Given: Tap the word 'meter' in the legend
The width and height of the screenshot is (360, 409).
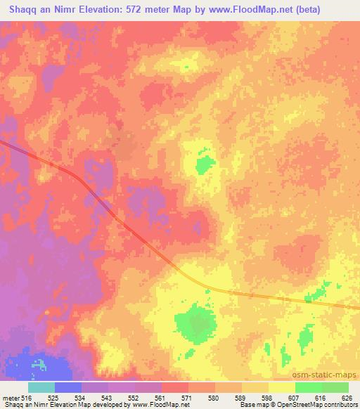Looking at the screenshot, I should tap(9, 397).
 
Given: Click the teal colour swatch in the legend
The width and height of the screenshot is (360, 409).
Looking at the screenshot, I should tap(41, 387).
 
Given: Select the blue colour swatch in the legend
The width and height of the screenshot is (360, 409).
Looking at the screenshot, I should tap(67, 387).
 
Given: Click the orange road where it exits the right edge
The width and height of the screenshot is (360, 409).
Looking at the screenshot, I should tap(356, 306).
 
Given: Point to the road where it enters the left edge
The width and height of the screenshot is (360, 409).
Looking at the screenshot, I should tap(3, 143).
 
